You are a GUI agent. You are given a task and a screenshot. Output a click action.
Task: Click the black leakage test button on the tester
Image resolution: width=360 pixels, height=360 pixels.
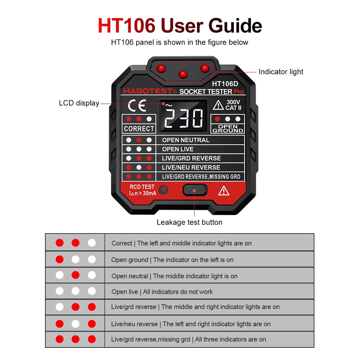pos(195,190)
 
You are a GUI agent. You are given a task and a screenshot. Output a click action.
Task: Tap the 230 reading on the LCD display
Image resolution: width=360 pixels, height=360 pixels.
pos(184,118)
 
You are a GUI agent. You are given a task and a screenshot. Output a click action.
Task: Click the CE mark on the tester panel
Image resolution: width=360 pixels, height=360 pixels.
pos(137,105)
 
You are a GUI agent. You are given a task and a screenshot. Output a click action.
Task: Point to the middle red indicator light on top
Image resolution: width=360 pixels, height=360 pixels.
pos(183,74)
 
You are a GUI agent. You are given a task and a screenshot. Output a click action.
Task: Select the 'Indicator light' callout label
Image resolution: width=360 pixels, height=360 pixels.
pos(281,72)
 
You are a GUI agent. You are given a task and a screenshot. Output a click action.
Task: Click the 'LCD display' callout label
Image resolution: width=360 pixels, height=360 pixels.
pos(79,103)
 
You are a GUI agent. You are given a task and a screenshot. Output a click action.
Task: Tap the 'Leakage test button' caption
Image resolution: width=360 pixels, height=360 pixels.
pos(189,222)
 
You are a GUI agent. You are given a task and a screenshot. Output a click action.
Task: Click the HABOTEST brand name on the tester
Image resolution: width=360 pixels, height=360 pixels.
pos(148,91)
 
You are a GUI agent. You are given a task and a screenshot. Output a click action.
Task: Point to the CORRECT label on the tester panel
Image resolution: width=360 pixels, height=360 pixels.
pos(139,129)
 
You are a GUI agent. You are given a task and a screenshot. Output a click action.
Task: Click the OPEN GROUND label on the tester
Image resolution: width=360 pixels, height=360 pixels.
pos(228,129)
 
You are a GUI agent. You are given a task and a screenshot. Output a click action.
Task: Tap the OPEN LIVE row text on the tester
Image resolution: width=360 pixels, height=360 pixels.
pos(178,149)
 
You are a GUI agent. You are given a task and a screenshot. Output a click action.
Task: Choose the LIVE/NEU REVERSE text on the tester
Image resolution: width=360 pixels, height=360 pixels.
pos(191,167)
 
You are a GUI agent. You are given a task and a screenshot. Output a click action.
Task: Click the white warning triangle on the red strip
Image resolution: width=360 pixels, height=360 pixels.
pos(224,191)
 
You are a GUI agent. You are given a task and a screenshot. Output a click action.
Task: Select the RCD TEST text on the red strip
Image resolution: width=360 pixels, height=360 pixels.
pos(142,187)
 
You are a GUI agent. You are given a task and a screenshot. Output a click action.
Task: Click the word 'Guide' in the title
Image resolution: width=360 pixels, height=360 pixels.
pos(235,26)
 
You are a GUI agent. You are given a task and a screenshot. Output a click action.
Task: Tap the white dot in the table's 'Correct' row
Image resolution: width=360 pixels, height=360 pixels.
pos(91,243)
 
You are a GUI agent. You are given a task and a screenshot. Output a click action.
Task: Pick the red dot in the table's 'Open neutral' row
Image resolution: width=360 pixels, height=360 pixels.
pos(76,275)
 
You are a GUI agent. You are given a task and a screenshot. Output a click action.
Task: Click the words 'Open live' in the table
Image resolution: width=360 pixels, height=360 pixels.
pos(125,292)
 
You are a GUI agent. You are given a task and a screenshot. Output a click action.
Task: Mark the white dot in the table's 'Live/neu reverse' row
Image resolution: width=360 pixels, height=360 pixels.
pos(76,324)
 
